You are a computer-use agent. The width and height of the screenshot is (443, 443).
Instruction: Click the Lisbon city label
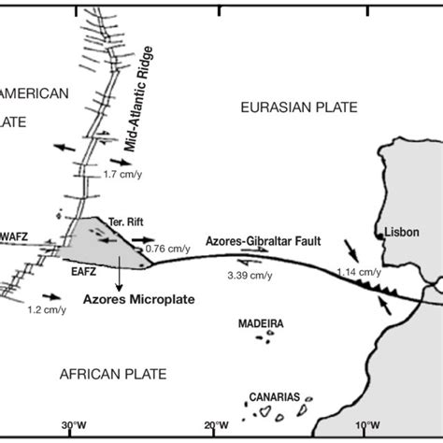click(403, 232)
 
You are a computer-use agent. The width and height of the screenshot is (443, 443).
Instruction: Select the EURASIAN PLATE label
click(298, 108)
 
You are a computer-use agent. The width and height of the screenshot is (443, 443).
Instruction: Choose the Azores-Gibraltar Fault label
click(271, 241)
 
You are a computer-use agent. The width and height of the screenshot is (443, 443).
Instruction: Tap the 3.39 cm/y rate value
click(250, 275)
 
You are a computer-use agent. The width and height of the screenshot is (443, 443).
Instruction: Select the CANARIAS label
click(276, 396)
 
